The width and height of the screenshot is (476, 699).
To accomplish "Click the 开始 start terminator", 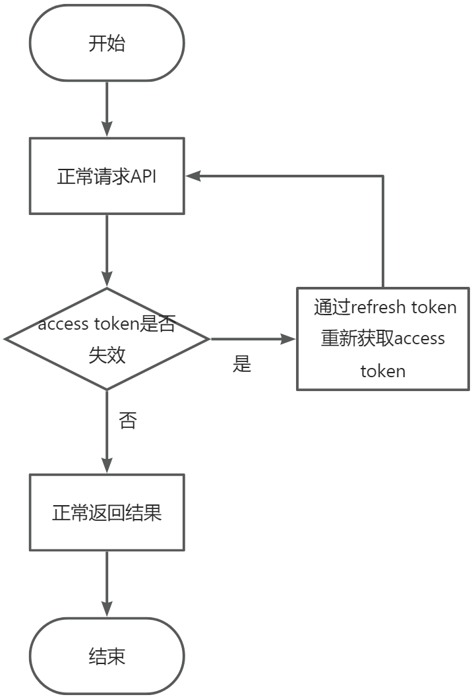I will pyautogui.click(x=107, y=44).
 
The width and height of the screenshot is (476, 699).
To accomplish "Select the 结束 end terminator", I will pyautogui.click(x=107, y=655).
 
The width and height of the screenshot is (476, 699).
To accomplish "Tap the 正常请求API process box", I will pyautogui.click(x=107, y=176).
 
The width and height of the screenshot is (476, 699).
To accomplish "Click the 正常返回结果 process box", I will pyautogui.click(x=107, y=512).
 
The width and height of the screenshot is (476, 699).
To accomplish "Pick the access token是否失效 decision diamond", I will pyautogui.click(x=107, y=339).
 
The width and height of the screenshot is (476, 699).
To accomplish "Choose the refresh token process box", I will pyautogui.click(x=382, y=339).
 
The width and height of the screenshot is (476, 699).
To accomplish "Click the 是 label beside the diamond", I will pyautogui.click(x=242, y=364).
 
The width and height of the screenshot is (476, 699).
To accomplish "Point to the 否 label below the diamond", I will pyautogui.click(x=127, y=421).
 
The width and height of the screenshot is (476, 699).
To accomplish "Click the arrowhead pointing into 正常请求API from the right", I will pyautogui.click(x=193, y=176).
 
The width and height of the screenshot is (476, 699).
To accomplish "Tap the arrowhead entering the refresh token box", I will pyautogui.click(x=289, y=339).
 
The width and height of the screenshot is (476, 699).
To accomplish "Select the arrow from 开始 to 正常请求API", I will pyautogui.click(x=107, y=109).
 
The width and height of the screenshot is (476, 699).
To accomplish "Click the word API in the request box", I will pyautogui.click(x=143, y=177).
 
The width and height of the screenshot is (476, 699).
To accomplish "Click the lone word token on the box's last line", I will pyautogui.click(x=382, y=371).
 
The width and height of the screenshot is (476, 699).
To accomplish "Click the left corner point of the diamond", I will pyautogui.click(x=6, y=339).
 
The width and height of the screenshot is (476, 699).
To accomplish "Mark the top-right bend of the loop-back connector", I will pyautogui.click(x=382, y=176).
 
